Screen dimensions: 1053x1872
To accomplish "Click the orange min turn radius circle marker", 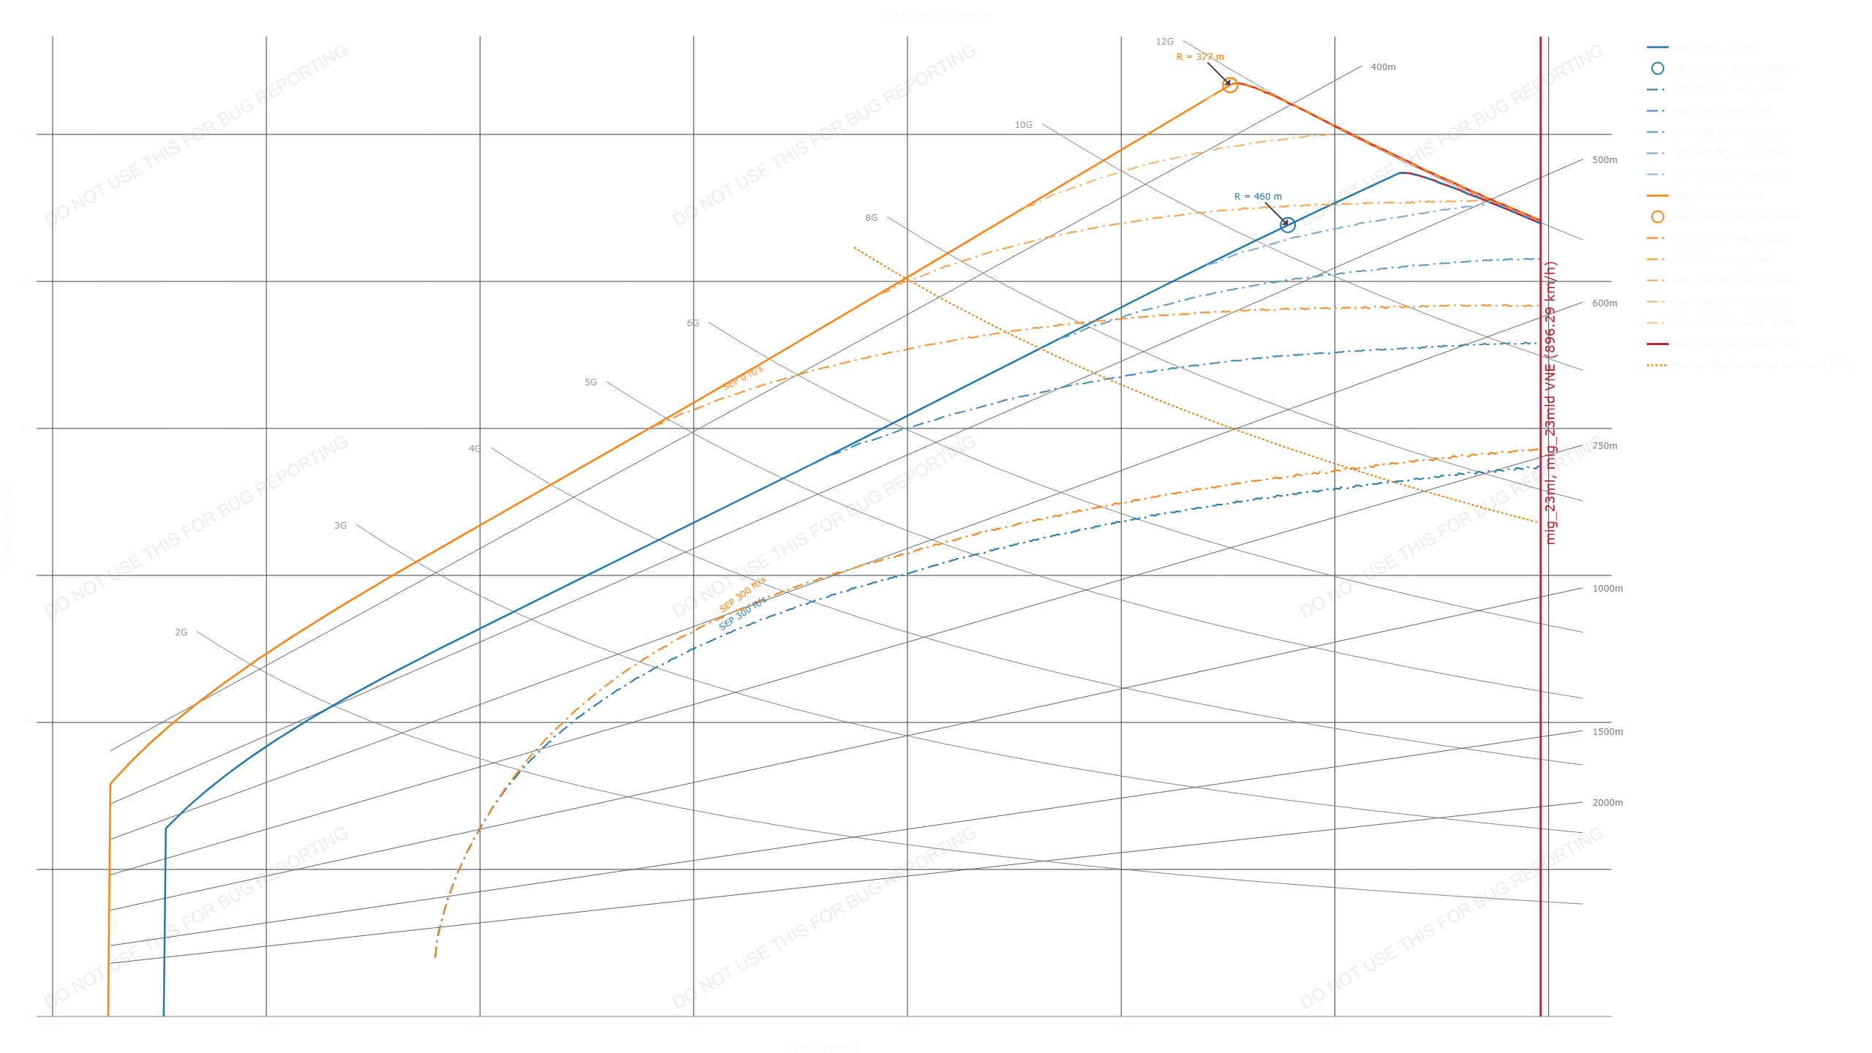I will pyautogui.click(x=1230, y=86).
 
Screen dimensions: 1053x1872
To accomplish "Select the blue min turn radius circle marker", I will pyautogui.click(x=1288, y=225).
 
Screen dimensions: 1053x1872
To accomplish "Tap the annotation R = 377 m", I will pyautogui.click(x=1199, y=57).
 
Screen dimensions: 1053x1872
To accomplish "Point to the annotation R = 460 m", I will pyautogui.click(x=1257, y=197).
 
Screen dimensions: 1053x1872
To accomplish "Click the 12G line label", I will pyautogui.click(x=1164, y=42).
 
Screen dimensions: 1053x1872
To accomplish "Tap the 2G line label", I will pyautogui.click(x=181, y=633).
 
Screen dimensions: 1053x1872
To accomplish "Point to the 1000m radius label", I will pyautogui.click(x=1607, y=589).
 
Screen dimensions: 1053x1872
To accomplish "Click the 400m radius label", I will pyautogui.click(x=1383, y=67).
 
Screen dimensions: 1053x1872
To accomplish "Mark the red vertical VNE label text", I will pyautogui.click(x=1550, y=402).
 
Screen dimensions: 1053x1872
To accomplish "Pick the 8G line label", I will pyautogui.click(x=871, y=218).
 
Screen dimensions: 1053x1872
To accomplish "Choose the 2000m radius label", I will pyautogui.click(x=1607, y=803).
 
